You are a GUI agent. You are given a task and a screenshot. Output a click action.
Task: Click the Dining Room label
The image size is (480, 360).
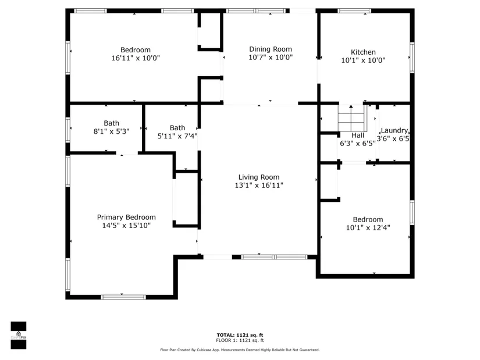(271, 49)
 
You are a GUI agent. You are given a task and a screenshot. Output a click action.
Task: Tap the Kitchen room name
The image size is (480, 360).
(363, 52)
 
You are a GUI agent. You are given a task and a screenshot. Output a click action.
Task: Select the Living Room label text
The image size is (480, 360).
(259, 177)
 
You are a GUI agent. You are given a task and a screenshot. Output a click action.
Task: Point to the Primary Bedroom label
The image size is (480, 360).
(126, 217)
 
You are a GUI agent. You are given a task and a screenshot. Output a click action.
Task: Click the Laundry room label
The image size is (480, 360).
(394, 130)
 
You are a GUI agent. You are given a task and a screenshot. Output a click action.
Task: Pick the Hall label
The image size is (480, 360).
(358, 136)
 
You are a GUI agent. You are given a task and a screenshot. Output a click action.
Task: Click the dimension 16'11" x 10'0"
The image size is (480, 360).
(136, 58)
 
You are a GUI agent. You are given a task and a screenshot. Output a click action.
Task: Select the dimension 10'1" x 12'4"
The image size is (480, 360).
(368, 227)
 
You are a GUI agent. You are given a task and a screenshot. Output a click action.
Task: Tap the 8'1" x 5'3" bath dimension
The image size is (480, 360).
(111, 131)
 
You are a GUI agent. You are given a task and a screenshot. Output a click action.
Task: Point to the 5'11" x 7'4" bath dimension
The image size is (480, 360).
(177, 136)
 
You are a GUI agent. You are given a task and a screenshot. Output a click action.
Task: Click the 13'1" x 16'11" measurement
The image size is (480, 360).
(259, 185)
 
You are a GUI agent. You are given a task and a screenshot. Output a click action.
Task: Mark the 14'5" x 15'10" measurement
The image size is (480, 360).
(126, 225)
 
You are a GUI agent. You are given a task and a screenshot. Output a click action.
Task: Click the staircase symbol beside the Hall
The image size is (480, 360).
(352, 118)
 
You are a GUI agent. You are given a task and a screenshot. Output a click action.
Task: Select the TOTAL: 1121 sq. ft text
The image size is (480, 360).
(240, 335)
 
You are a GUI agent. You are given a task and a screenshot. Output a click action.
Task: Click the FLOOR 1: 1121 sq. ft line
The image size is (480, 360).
(240, 340)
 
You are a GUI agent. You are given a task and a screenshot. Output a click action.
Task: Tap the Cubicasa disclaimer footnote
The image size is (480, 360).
(240, 350)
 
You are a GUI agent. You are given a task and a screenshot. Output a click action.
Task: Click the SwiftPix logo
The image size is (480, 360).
(19, 335)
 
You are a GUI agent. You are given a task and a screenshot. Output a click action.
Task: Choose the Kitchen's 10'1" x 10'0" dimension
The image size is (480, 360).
(363, 60)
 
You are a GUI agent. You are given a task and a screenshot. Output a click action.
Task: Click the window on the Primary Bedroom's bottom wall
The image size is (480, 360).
(123, 297)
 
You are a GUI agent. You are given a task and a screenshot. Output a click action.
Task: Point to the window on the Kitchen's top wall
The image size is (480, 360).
(354, 10)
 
